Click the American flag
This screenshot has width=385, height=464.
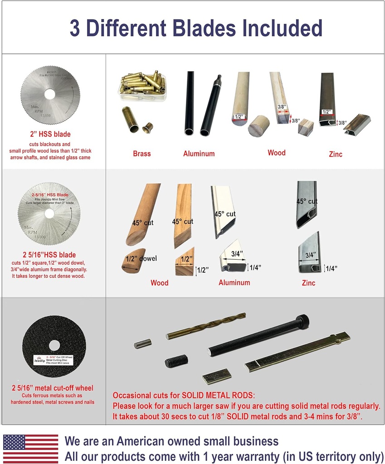pos(31,449)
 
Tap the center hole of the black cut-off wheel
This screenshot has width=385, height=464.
pos(54,345)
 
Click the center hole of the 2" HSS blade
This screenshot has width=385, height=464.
pos(50,94)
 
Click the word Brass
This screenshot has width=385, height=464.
pos(142,154)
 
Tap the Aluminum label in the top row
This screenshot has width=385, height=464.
pos(199,154)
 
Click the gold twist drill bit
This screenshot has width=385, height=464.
pos(206,326)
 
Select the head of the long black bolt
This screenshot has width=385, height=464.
pos(302,321)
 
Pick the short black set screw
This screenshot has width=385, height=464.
pos(176,361)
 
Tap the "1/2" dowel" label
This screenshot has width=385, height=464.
pos(142,258)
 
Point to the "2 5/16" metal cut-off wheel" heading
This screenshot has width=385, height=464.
pos(53,388)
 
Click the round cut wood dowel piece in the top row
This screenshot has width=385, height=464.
pos(258,126)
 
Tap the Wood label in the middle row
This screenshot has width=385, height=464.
pos(159,283)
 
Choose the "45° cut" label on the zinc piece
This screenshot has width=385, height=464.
pos(307,201)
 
